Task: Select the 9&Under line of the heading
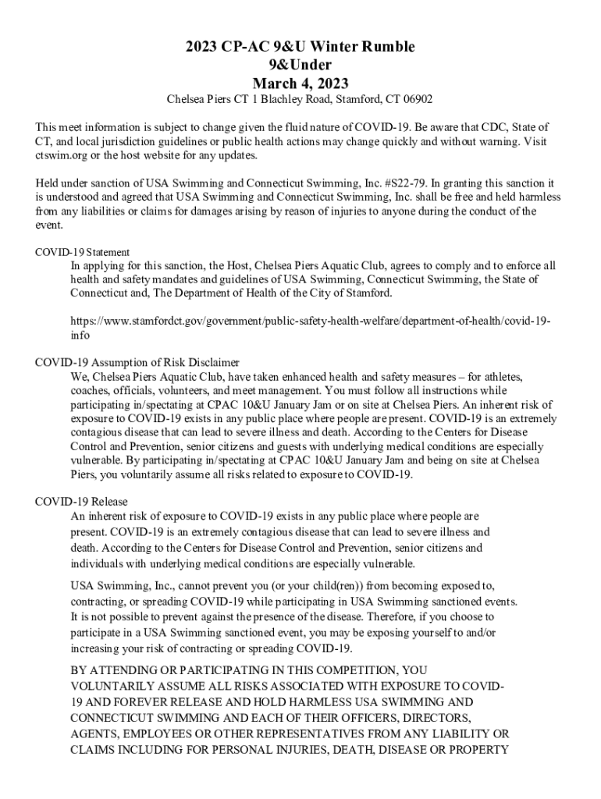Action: pos(300,65)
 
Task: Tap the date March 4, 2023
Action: pos(300,83)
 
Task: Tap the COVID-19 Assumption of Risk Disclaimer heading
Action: pos(137,362)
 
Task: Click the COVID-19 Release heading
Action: pos(82,501)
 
